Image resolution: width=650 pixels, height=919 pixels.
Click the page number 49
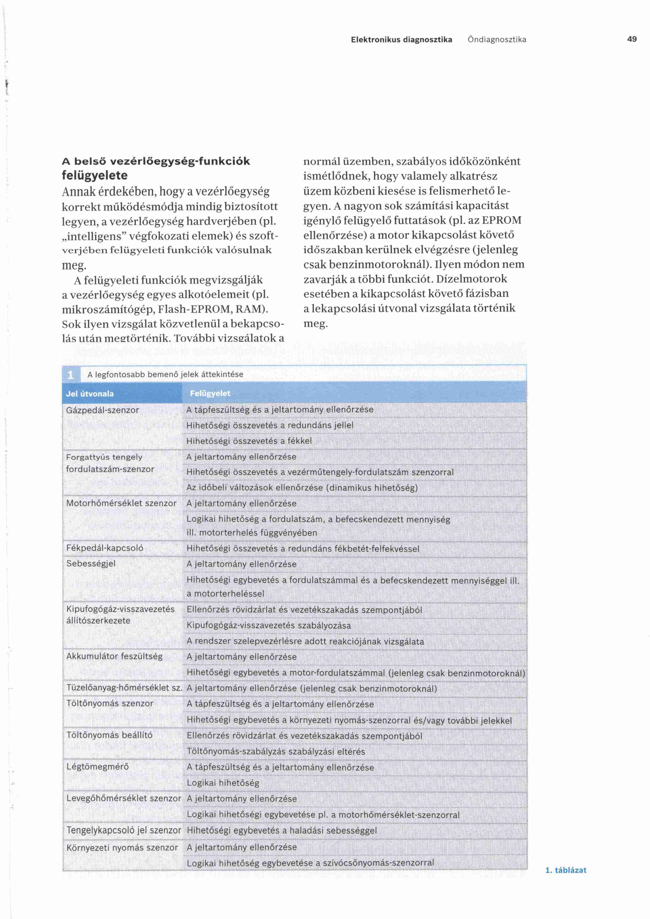click(632, 39)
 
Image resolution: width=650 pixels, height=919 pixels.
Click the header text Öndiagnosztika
click(497, 40)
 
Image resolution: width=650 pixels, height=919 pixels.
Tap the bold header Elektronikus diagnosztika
click(402, 40)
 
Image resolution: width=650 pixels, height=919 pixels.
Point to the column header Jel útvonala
click(90, 393)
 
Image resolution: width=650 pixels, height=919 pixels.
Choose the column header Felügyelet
click(210, 393)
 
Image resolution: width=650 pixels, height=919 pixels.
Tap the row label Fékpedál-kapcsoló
click(105, 548)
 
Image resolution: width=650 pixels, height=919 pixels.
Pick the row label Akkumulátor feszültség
click(115, 656)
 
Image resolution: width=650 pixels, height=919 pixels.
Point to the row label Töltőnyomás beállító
click(109, 735)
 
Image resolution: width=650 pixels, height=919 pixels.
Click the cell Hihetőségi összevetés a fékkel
click(249, 441)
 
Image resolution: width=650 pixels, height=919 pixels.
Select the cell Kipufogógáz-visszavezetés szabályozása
click(269, 625)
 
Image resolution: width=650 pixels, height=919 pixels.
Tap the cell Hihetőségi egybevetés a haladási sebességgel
click(282, 830)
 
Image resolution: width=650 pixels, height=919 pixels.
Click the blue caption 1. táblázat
click(566, 870)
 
